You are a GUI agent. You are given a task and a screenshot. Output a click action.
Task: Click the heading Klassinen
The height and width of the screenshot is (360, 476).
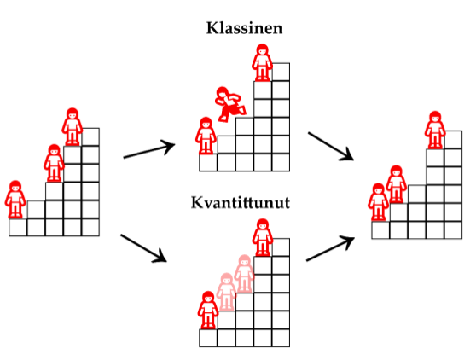point(244,28)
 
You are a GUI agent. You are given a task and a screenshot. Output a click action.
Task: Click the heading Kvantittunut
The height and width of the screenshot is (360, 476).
point(241,202)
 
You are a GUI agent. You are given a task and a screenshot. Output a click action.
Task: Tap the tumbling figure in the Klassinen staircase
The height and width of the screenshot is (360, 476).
point(230,104)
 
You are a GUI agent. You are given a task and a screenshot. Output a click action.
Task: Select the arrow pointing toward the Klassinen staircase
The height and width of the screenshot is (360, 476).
point(149,149)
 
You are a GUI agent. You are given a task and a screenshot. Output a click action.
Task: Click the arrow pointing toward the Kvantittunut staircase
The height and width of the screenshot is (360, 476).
point(143,248)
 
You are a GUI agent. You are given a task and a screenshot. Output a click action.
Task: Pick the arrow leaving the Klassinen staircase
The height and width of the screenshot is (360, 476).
point(331,146)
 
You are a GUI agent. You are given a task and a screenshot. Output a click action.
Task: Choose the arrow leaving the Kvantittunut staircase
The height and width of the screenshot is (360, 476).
point(330,248)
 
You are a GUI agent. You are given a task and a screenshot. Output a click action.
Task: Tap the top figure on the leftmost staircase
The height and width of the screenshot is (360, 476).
point(73,126)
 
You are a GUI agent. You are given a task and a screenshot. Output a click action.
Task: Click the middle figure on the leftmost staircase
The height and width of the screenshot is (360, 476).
point(54,163)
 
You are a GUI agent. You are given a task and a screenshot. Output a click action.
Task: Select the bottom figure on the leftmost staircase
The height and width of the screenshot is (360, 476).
point(15,200)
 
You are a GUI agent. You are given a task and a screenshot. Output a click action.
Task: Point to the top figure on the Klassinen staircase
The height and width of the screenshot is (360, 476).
point(262,63)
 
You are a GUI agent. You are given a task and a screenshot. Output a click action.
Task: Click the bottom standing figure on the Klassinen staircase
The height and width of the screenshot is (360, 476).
point(206,136)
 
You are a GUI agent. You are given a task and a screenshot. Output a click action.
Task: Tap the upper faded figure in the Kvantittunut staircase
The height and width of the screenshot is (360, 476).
point(244,274)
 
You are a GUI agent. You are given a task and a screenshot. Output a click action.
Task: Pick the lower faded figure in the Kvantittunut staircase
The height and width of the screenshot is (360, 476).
point(226,292)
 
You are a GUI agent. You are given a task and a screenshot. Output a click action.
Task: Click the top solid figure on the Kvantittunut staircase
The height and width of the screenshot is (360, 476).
point(263,237)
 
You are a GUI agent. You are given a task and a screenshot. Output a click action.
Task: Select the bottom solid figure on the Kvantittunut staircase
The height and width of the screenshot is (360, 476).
point(208,310)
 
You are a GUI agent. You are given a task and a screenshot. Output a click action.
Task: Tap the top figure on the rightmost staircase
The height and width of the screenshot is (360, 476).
point(435,130)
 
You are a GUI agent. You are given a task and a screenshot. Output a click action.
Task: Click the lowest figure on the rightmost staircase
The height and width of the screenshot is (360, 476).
point(378,202)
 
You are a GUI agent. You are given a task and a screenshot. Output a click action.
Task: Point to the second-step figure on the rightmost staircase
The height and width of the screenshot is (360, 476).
point(396,184)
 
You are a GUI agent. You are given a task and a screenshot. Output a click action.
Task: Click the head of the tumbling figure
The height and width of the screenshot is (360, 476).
point(222,92)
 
